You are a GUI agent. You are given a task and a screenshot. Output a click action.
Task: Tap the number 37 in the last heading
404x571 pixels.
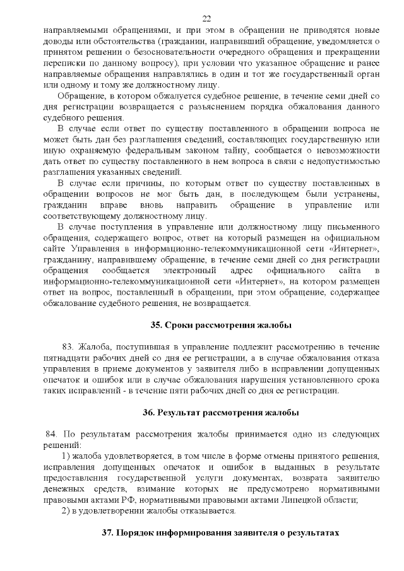point(108,533)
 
